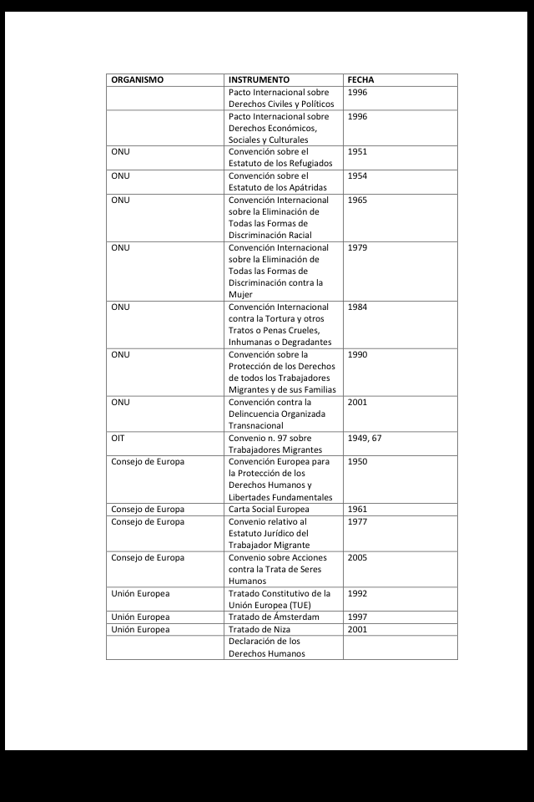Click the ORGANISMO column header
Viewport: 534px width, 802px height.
(x=137, y=80)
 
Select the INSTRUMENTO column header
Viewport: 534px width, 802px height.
(x=259, y=80)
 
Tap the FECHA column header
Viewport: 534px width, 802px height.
(x=360, y=80)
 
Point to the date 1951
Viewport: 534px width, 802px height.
(x=357, y=152)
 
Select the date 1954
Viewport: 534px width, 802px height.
(x=357, y=176)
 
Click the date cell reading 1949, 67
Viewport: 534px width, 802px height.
(x=365, y=438)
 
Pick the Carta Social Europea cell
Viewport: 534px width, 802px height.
(x=269, y=509)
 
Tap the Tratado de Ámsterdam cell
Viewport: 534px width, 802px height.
(x=274, y=617)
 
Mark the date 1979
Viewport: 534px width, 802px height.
(x=357, y=247)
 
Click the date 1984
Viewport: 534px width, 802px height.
(x=357, y=307)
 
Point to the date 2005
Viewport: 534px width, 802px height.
(x=357, y=557)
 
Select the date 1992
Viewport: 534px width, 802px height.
(x=357, y=593)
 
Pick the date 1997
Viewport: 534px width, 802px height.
(x=357, y=617)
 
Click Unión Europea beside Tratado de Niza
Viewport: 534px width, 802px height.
(x=140, y=629)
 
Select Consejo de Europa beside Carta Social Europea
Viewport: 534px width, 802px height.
(x=148, y=509)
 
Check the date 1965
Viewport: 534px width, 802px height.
(x=357, y=200)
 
